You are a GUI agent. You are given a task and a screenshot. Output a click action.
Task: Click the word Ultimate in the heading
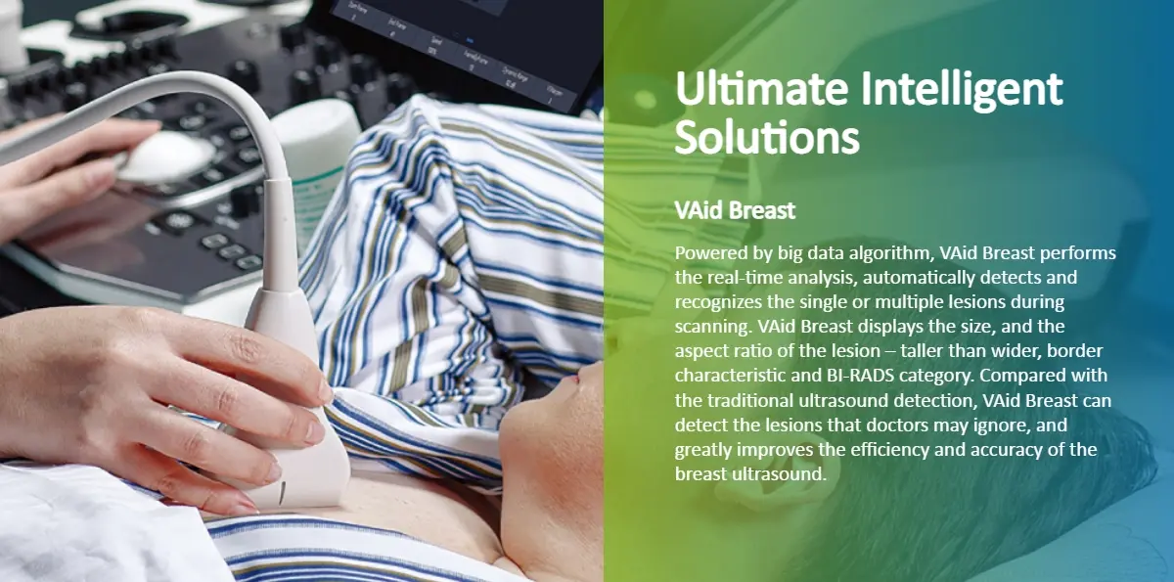[x=761, y=89]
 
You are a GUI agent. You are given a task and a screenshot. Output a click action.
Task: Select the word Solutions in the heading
[x=767, y=137]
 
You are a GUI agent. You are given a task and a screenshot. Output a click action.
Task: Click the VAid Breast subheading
[x=735, y=210]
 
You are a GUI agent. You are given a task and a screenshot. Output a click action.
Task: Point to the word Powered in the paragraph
[x=711, y=253]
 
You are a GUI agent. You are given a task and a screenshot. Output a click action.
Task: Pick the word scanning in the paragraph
[x=714, y=328]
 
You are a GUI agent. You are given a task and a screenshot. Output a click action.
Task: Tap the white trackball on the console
[x=163, y=156]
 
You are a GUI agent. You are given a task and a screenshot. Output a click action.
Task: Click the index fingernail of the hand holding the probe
[x=326, y=391]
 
